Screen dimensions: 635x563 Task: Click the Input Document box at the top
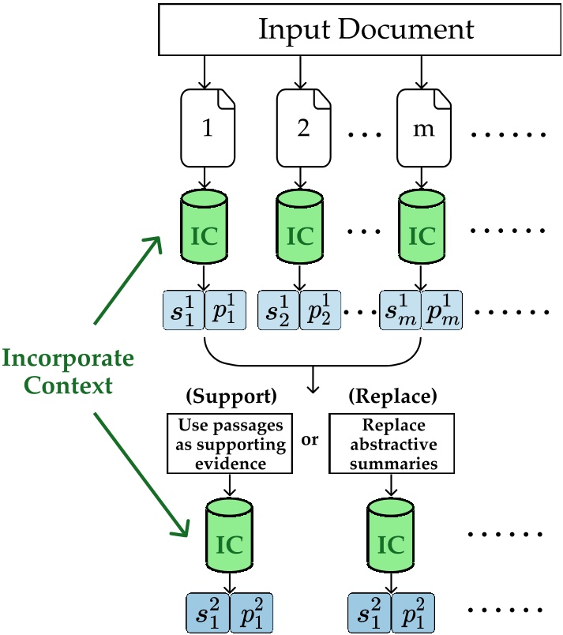366,30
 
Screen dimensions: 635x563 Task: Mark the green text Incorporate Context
68,374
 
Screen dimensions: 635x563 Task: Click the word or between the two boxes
310,439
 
